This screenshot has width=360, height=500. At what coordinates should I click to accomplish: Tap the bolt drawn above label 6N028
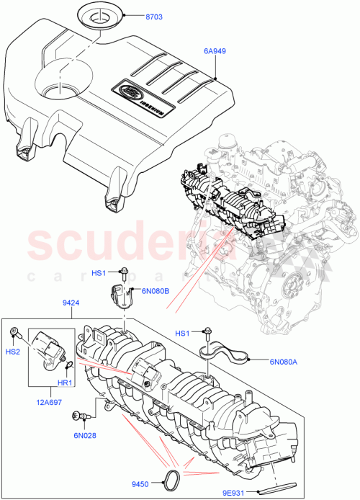click(78, 416)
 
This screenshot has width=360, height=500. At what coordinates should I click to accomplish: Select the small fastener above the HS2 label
click(14, 331)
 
